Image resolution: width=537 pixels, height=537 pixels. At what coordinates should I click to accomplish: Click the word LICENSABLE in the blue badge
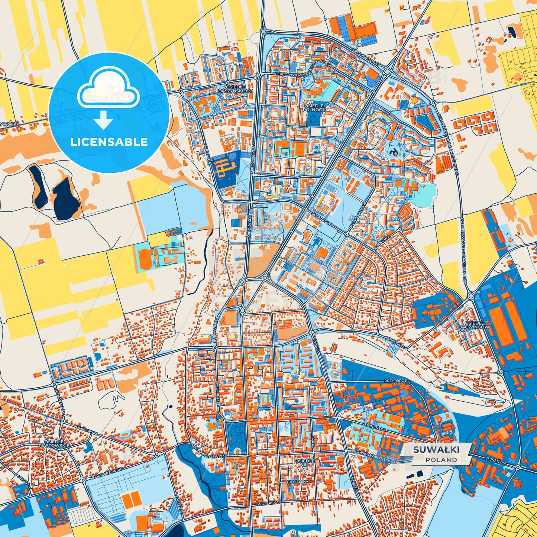(x=109, y=142)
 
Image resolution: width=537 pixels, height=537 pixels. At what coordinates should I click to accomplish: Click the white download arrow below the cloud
(x=104, y=120)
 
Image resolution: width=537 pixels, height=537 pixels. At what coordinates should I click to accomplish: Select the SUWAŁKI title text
(x=436, y=450)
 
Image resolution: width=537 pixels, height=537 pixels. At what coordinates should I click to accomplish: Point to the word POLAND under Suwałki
(x=441, y=460)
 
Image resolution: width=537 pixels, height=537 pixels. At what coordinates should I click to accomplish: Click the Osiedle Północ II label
(x=314, y=108)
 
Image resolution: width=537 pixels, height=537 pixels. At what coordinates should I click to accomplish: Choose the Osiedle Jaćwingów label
(x=473, y=324)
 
